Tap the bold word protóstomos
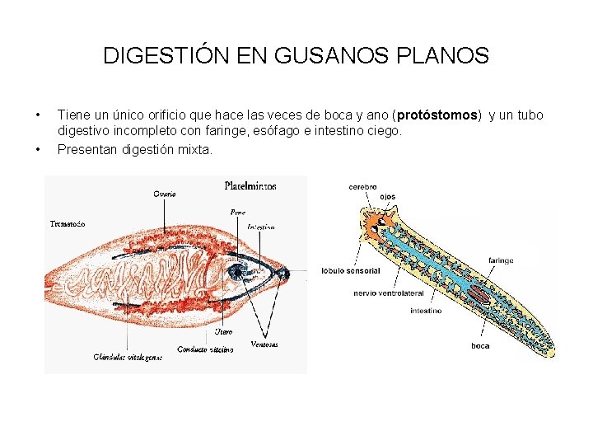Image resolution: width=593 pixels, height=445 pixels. pos(437,115)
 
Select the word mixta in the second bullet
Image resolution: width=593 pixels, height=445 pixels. pos(195,149)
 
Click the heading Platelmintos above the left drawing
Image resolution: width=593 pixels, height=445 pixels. pos(250,186)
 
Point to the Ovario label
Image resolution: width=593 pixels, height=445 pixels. pos(165,194)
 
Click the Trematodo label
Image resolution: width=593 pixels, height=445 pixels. pos(68,223)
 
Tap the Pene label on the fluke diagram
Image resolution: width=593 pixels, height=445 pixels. pos(237,212)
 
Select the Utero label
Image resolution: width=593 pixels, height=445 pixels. pos(222,331)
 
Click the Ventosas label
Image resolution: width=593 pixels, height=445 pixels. pos(264,344)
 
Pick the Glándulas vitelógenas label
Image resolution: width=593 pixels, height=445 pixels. pos(128,357)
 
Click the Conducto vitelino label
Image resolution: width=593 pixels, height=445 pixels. pos(206,349)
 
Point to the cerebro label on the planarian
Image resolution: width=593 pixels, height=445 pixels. pos(362,187)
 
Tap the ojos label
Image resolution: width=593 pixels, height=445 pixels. pos(388,197)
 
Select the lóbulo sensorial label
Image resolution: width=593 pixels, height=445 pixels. pos(351,270)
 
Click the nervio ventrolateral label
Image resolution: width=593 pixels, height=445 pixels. pos(388,293)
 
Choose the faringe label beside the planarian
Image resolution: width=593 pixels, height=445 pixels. pos(501,260)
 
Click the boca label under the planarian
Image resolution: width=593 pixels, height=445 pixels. pos(480,346)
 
